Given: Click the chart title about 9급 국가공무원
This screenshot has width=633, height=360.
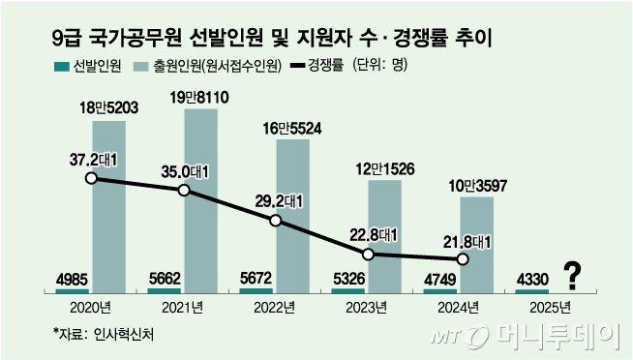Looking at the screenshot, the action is coord(271,38).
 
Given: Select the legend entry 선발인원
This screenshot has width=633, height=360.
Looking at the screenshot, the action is coord(88,66).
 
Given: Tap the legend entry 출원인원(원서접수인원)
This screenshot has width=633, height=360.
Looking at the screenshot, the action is coord(207,66).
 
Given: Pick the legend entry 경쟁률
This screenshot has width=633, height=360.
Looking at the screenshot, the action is coord(316,66).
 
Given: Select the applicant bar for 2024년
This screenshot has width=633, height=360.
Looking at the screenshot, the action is coord(477,245).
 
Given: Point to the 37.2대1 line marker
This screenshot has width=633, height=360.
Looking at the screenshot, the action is coord(92,178).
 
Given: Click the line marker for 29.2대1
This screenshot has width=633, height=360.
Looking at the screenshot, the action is coord(276,221).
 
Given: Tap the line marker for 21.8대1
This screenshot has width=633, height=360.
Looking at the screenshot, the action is coord(463,258).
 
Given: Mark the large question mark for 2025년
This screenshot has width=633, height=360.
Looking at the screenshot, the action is coord(572,276).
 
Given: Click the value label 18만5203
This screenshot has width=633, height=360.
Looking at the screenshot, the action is coord(109,107).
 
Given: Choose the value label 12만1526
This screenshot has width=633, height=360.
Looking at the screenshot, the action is coord(385,168).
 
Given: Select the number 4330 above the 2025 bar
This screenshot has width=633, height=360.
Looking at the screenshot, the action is coord(532,280).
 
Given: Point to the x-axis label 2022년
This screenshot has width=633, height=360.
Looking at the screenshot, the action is coord(274,308).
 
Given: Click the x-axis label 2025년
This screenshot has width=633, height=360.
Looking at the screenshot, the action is coord(550,308).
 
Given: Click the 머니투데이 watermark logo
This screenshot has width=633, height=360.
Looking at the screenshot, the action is coord(526,336).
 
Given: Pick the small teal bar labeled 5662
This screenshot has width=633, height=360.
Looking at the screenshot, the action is coord(164,290).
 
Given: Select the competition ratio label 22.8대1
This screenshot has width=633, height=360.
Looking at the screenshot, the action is coord(374,236).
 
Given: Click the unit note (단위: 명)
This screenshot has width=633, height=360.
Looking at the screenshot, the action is coord(379,66).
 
